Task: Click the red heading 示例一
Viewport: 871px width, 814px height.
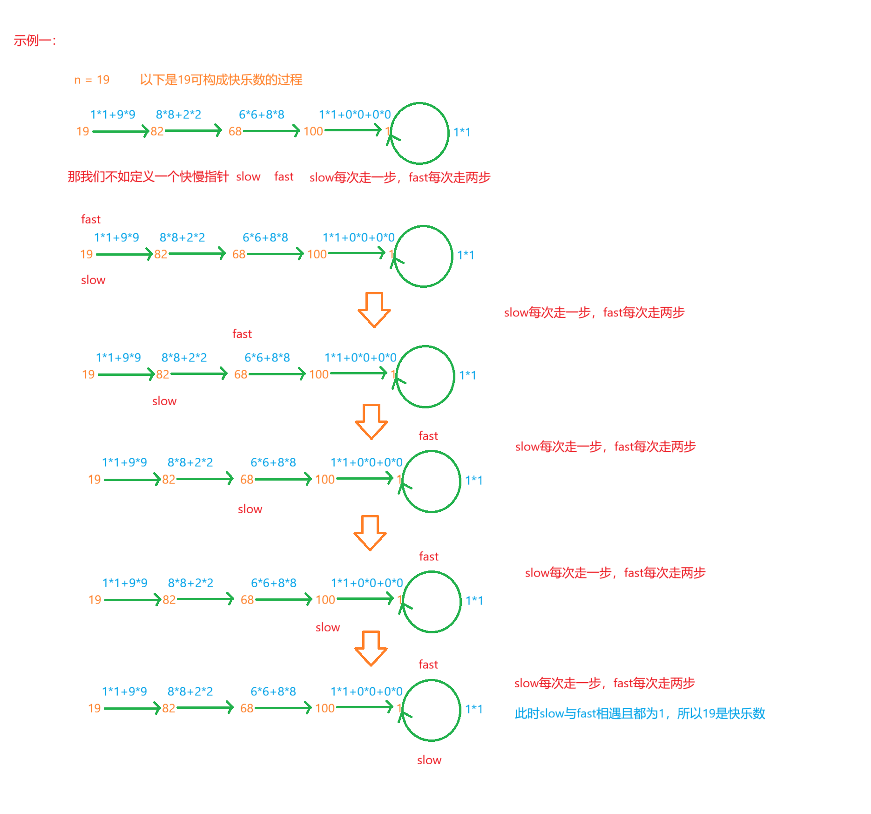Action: (34, 41)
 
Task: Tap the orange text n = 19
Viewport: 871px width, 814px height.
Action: (92, 80)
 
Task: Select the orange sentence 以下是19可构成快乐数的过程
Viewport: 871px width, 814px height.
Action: (221, 80)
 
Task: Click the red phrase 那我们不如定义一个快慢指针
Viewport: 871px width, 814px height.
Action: (148, 177)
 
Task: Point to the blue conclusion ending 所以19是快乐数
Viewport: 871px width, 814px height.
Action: (640, 713)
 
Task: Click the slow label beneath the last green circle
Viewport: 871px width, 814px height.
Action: (429, 760)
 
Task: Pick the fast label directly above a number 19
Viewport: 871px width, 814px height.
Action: (91, 219)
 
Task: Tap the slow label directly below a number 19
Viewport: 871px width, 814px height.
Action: (93, 280)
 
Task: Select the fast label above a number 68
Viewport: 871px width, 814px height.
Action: (242, 334)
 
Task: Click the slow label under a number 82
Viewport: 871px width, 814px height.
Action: (164, 401)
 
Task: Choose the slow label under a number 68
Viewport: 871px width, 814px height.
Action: (250, 509)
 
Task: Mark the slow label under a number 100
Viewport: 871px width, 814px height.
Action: (328, 627)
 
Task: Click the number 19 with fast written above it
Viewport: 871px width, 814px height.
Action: (87, 254)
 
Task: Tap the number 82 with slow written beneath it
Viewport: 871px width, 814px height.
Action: (162, 374)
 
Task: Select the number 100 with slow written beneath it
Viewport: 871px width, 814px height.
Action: (325, 600)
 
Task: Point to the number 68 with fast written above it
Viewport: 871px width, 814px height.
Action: (241, 374)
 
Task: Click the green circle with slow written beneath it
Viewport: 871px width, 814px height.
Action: (431, 710)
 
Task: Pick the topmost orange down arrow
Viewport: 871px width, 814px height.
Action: (374, 310)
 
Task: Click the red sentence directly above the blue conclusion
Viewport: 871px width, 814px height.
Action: (604, 683)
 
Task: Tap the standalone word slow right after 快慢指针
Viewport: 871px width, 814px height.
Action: (248, 177)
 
